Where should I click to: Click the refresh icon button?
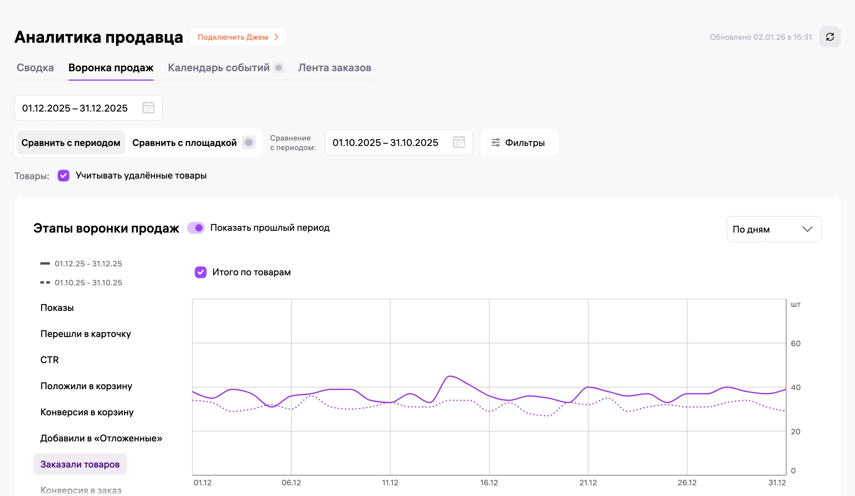coord(829,37)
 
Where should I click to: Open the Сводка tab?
coord(35,67)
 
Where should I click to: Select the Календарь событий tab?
coord(218,67)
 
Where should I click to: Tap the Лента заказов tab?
coord(335,67)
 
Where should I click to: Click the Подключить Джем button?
coord(238,37)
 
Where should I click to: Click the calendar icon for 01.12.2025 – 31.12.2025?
coord(148,108)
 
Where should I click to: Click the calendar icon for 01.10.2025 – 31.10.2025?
coord(459,142)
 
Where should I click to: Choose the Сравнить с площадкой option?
coord(184,143)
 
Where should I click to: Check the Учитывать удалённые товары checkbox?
coord(64,176)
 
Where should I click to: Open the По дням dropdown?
coord(774,229)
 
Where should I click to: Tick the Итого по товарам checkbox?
coord(200,272)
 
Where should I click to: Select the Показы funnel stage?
coord(57,308)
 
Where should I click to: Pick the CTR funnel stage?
coord(50,360)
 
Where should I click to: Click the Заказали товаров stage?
coord(80,464)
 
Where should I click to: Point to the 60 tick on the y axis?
coord(795,344)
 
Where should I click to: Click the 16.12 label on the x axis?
coord(489,483)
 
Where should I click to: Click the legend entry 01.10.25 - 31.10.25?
coord(88,283)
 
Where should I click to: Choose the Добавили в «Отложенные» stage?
coord(101,438)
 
